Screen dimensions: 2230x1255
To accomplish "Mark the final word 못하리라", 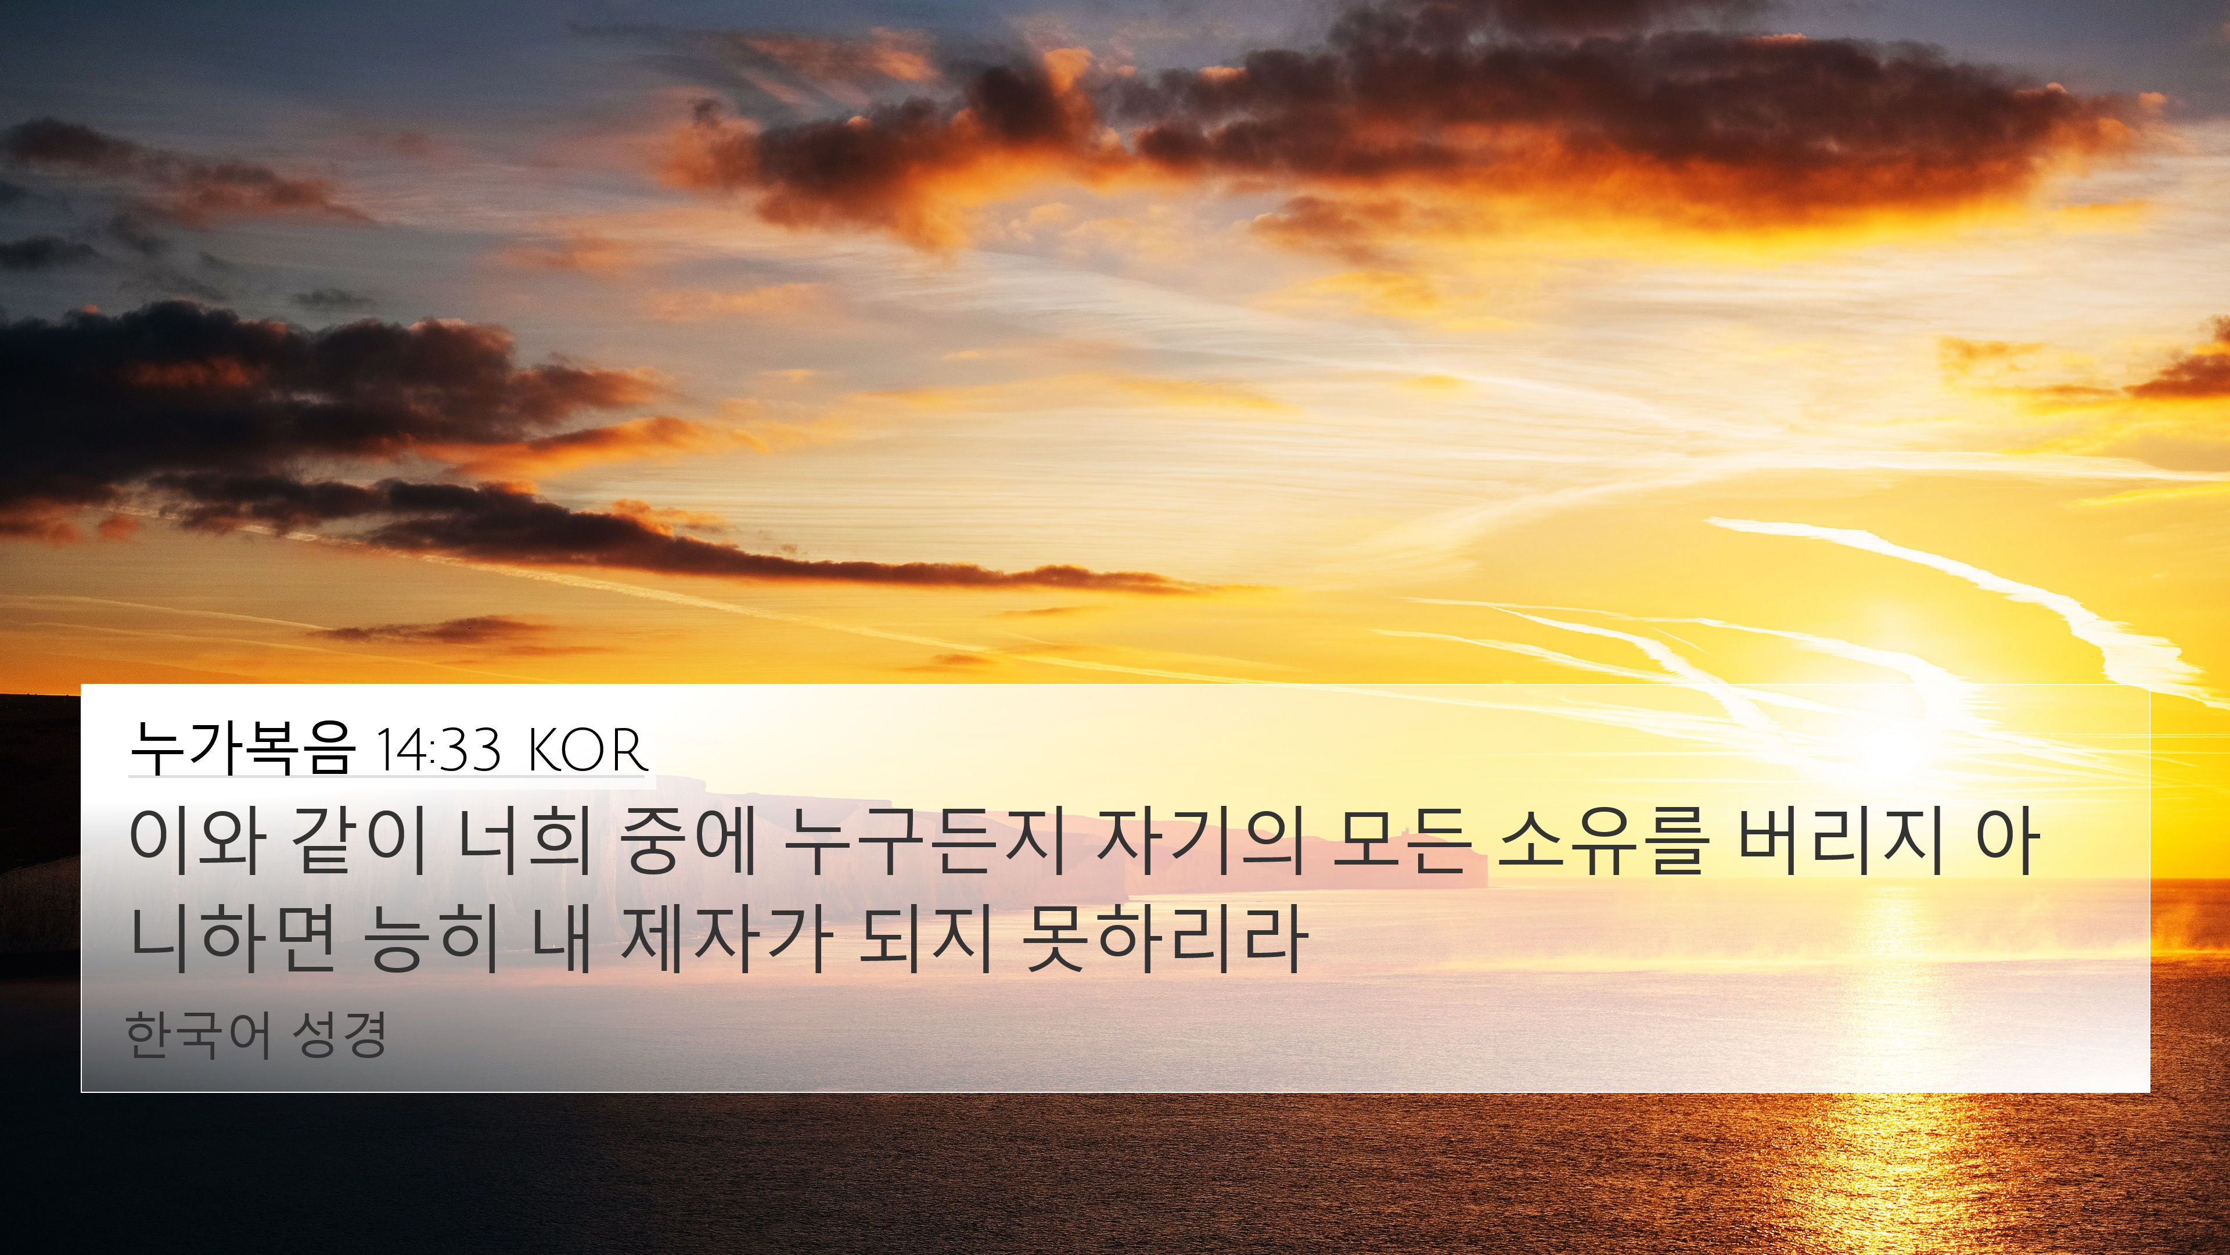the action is click(1164, 939).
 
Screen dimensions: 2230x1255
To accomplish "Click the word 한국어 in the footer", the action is click(197, 1034).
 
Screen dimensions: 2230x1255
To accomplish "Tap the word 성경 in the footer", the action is click(339, 1034).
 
